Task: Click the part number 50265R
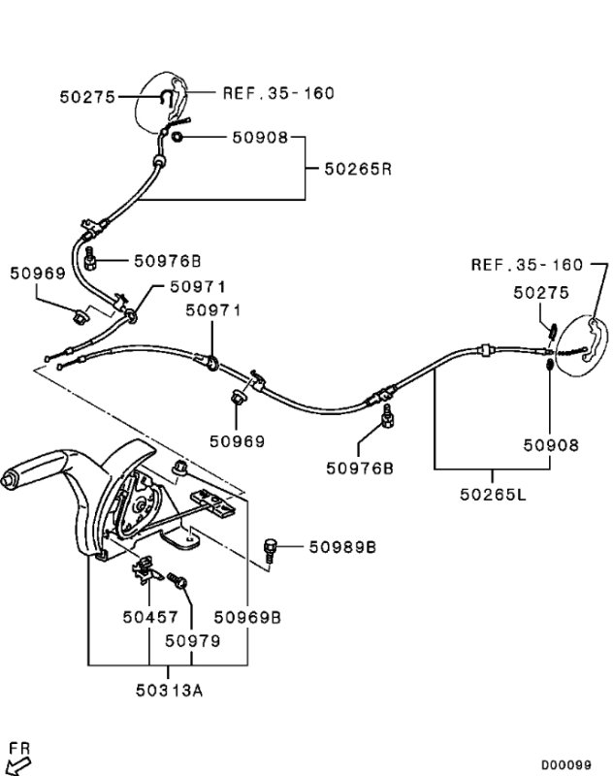[x=358, y=169]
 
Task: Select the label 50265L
[x=494, y=494]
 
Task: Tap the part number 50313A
[x=169, y=690]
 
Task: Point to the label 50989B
[x=342, y=547]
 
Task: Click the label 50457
[x=150, y=617]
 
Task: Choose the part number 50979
[x=192, y=641]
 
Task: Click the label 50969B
[x=247, y=617]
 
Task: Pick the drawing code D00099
[x=566, y=764]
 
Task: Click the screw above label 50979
[x=177, y=580]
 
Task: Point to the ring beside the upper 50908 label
[x=177, y=136]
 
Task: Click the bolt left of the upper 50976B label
[x=90, y=258]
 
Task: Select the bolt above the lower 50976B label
[x=387, y=416]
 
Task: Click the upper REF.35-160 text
[x=278, y=93]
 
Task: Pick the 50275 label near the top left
[x=87, y=96]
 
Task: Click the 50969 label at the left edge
[x=38, y=274]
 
